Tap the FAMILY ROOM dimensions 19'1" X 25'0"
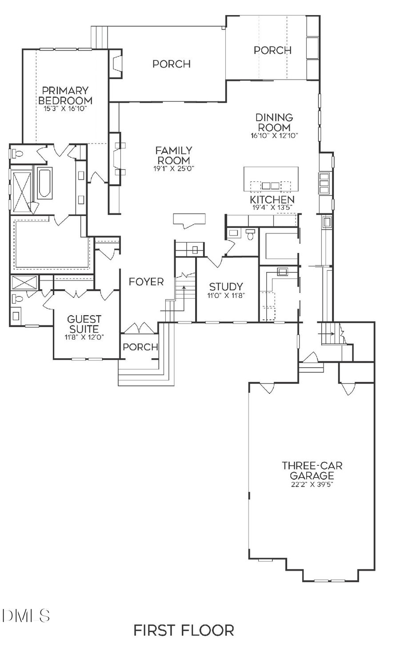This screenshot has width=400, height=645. pos(173,168)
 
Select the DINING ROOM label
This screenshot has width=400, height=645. pos(274,122)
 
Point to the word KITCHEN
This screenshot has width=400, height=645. pos(272,200)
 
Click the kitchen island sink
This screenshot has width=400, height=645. pos(271,185)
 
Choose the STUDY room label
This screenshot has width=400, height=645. pos(226,287)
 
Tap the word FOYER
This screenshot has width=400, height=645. pos(146,281)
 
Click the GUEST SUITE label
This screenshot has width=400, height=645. pos(84,324)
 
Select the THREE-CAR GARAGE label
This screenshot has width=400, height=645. pos(312,470)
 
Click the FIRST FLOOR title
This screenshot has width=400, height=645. pos(184,630)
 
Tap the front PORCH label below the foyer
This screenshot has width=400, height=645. pos(140,347)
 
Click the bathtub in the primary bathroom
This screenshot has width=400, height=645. pos(45,183)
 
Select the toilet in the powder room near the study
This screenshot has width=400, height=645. pos(251,234)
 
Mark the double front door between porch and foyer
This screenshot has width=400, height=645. pos(140,328)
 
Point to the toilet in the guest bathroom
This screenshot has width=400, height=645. pos(16,298)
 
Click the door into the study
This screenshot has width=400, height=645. pos(216,261)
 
